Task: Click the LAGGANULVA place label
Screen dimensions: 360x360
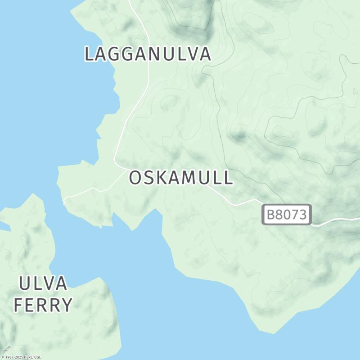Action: point(148,54)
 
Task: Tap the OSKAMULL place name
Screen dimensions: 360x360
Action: point(181,178)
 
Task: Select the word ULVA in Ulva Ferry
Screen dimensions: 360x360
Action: point(43,284)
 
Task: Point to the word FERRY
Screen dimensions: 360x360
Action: point(43,305)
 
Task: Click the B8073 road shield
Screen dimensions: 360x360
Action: point(287,215)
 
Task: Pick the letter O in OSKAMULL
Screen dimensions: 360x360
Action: point(136,178)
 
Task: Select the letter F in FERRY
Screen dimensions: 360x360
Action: point(18,305)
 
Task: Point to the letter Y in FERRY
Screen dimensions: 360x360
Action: point(66,305)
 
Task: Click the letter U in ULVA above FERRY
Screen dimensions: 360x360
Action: point(25,284)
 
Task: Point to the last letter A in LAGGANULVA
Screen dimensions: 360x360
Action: point(205,54)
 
